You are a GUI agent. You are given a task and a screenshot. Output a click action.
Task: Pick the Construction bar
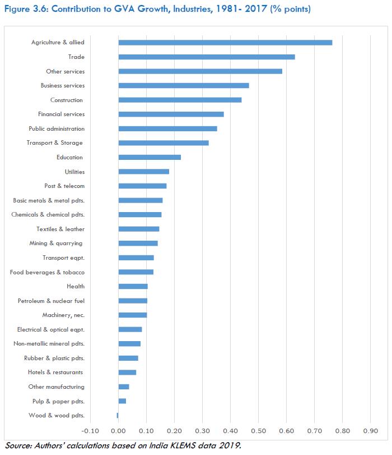pyautogui.click(x=180, y=100)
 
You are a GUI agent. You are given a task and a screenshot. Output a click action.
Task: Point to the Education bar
pyautogui.click(x=150, y=157)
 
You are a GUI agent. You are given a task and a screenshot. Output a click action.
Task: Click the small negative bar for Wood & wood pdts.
pyautogui.click(x=118, y=415)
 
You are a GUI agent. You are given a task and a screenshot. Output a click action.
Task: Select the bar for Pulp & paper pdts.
pyautogui.click(x=122, y=401)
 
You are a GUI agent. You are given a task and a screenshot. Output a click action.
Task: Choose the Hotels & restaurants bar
pyautogui.click(x=127, y=373)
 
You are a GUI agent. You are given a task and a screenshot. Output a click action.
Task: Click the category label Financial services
pyautogui.click(x=62, y=114)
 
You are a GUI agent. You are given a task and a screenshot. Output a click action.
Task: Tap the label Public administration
pyautogui.click(x=57, y=128)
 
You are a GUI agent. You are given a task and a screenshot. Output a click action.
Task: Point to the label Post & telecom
pyautogui.click(x=64, y=186)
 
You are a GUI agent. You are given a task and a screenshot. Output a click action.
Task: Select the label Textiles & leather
pyautogui.click(x=60, y=229)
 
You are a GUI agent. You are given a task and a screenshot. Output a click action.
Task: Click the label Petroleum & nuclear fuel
pyautogui.click(x=51, y=301)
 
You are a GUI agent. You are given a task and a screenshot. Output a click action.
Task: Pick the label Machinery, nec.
pyautogui.click(x=63, y=315)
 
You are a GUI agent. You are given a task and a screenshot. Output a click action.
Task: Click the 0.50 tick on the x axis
pyautogui.click(x=258, y=431)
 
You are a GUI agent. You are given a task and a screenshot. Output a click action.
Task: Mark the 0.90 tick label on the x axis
pyautogui.click(x=370, y=431)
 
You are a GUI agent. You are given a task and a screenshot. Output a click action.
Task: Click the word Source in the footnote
pyautogui.click(x=18, y=446)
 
